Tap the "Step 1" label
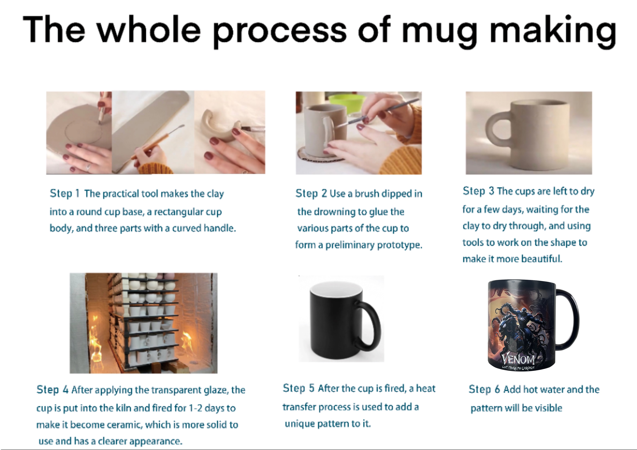[65, 193]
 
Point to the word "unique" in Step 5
[300, 424]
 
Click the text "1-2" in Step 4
[196, 408]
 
